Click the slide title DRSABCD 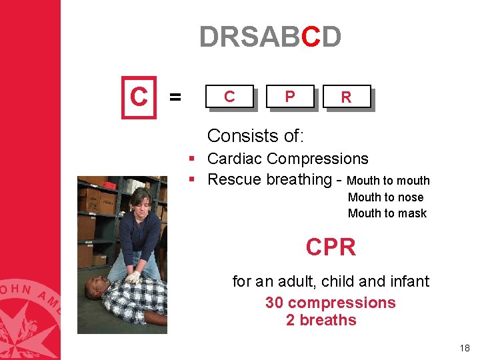(270, 37)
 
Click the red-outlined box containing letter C (139, 97)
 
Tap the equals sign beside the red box (175, 98)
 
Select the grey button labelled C (229, 97)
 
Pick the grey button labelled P (289, 97)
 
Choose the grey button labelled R (345, 97)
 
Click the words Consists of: (255, 136)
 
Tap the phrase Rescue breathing (269, 179)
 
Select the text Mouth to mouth (389, 181)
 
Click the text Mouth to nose (385, 197)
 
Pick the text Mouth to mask (387, 213)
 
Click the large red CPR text (331, 247)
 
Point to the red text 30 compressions (330, 303)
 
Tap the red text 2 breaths (321, 320)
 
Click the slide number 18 (465, 348)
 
